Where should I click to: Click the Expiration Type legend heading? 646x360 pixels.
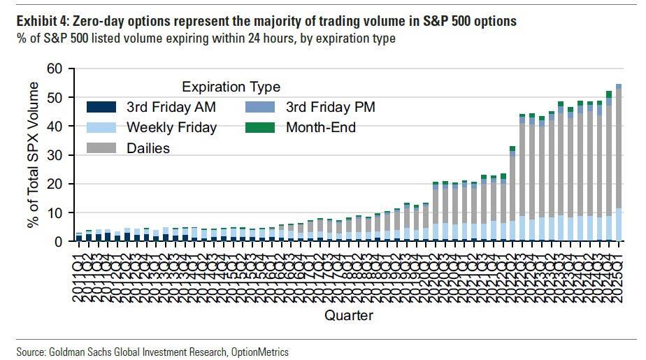pyautogui.click(x=231, y=87)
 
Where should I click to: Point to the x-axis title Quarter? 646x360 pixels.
pyautogui.click(x=348, y=315)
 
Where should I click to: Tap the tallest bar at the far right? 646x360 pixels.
pyautogui.click(x=619, y=164)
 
